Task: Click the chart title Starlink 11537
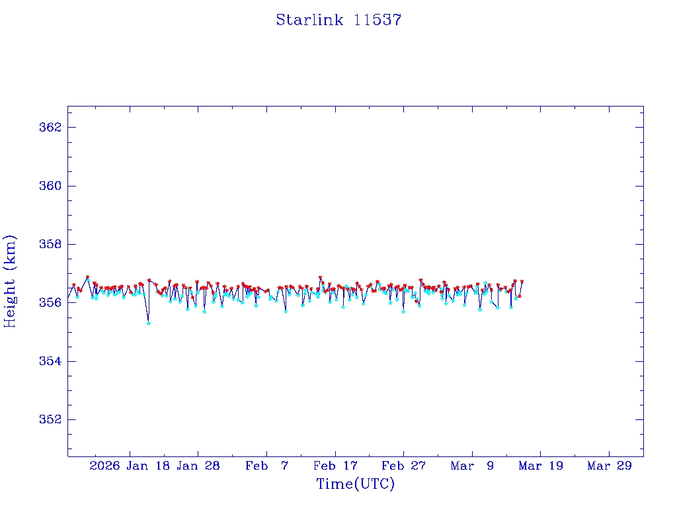click(x=338, y=20)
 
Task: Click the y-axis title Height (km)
click(x=10, y=281)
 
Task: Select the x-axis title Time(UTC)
click(x=356, y=484)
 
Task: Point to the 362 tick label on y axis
click(x=50, y=127)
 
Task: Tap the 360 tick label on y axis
click(x=50, y=186)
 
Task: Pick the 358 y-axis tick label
click(x=50, y=244)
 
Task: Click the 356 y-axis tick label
click(x=50, y=302)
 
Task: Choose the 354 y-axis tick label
click(x=50, y=361)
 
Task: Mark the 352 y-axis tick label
click(x=50, y=419)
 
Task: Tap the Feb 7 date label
click(x=266, y=466)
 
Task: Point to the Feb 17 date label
click(x=335, y=466)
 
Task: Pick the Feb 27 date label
click(x=404, y=466)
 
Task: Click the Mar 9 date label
click(x=472, y=466)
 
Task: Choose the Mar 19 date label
click(x=541, y=466)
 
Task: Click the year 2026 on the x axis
click(x=105, y=466)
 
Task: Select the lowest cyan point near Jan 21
click(x=149, y=323)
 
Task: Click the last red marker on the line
click(x=522, y=282)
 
